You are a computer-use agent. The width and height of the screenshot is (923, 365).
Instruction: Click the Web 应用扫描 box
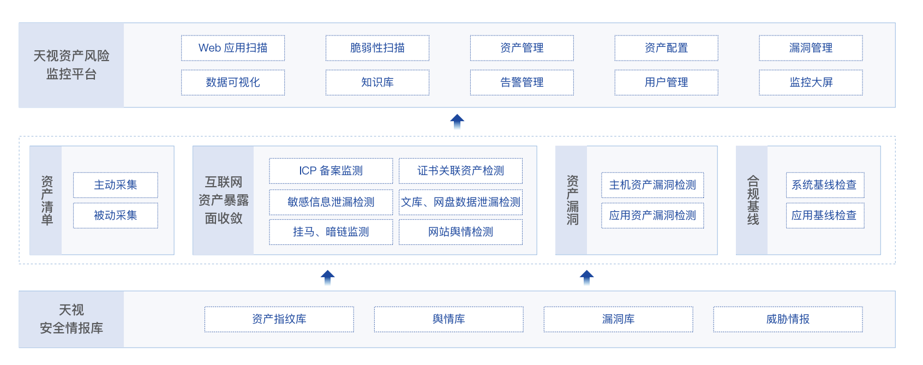click(233, 48)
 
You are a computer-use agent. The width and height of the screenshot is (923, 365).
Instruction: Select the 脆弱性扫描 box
click(377, 48)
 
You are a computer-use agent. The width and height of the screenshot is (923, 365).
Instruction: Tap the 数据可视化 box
click(233, 82)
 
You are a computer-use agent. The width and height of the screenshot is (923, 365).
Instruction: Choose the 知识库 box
click(377, 82)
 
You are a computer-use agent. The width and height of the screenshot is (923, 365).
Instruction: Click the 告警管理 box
click(522, 82)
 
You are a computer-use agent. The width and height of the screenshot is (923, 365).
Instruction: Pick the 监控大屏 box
click(811, 82)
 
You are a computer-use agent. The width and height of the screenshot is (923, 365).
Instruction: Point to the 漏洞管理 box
click(811, 48)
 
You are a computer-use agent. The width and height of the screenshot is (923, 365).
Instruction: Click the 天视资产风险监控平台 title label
click(71, 65)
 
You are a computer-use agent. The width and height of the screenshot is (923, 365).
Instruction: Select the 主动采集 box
click(116, 185)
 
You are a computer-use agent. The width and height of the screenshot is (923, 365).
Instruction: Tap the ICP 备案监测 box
click(331, 171)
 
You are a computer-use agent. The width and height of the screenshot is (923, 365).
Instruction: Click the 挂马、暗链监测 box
click(331, 232)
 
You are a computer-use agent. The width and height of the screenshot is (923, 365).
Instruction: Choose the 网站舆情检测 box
click(460, 232)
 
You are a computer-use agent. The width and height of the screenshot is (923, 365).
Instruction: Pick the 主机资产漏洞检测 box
click(652, 185)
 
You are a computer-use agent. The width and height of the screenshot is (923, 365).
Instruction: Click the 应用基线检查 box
click(824, 216)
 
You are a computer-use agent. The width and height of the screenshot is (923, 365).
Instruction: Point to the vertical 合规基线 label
click(753, 200)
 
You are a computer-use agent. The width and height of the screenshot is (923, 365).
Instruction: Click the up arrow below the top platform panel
click(457, 121)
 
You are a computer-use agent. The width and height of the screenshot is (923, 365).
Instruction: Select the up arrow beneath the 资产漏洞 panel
click(586, 277)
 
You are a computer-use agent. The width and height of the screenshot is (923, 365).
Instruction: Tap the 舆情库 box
click(448, 319)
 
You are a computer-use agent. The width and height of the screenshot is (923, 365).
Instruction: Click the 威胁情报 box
click(788, 319)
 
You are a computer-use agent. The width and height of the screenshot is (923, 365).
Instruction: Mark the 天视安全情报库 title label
click(71, 319)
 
